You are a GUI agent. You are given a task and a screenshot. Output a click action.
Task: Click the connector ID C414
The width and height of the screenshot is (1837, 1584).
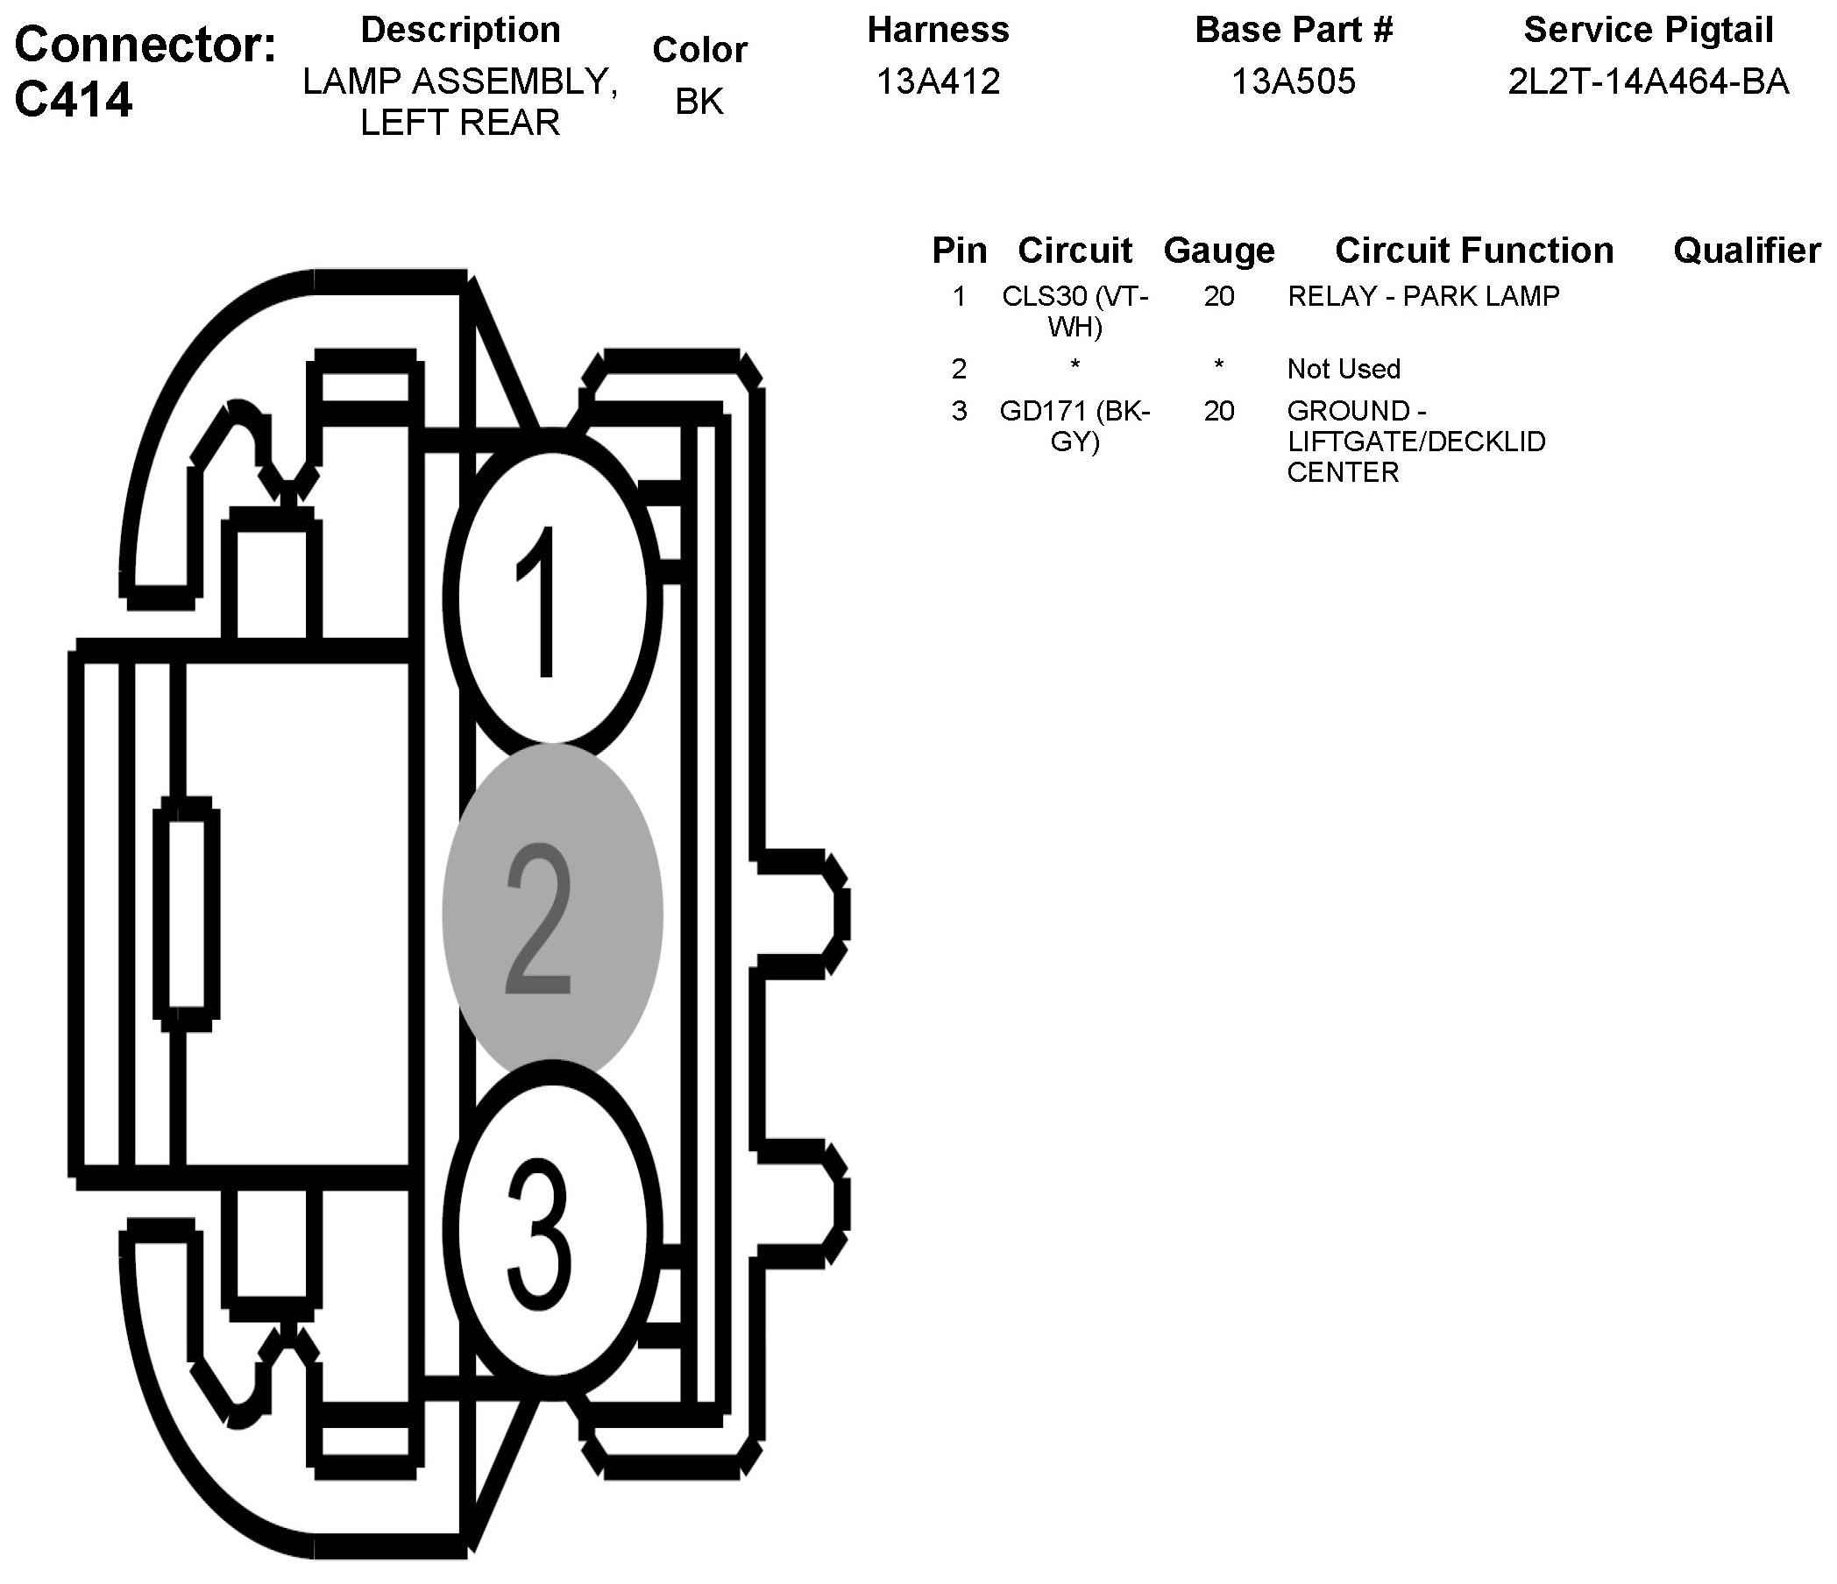[74, 99]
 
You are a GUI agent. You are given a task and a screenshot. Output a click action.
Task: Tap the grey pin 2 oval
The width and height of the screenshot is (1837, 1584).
[551, 913]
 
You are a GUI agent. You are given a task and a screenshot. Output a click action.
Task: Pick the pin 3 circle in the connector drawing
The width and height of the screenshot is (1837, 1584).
[551, 1227]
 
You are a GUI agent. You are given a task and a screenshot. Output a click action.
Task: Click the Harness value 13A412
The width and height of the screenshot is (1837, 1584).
[938, 81]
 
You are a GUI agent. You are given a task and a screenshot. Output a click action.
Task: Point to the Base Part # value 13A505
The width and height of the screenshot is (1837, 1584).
[1294, 81]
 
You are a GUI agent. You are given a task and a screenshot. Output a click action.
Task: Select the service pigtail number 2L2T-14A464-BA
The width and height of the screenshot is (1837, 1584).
[1649, 81]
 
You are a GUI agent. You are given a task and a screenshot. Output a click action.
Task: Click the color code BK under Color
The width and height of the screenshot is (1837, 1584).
[699, 102]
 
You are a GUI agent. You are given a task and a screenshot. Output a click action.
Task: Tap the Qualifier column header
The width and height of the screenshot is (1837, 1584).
[1747, 251]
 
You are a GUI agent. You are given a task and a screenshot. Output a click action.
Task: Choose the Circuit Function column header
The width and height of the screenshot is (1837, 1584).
[1473, 251]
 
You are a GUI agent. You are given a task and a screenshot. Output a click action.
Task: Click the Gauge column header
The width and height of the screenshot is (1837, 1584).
[1219, 251]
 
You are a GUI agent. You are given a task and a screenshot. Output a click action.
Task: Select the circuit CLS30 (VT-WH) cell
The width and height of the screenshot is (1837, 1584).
[1075, 311]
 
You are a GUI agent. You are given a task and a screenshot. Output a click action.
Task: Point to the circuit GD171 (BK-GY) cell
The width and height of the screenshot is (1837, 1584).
[1075, 426]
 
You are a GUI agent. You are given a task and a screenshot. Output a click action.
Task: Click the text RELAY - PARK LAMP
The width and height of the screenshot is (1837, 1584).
[1423, 296]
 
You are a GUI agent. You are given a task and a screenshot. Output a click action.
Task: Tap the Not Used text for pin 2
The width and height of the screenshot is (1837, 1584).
[1344, 369]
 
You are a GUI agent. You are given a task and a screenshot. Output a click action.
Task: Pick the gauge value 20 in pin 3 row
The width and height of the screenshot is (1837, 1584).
[1219, 411]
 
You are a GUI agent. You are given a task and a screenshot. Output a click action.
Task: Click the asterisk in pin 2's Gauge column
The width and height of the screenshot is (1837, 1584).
[1219, 366]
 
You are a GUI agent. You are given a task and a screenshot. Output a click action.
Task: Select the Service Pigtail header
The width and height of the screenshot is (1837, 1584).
[1649, 30]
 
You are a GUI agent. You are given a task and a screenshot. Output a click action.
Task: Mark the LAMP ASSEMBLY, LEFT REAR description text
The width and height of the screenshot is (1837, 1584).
[460, 101]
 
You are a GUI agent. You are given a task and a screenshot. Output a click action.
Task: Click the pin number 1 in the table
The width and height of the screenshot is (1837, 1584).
[959, 296]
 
